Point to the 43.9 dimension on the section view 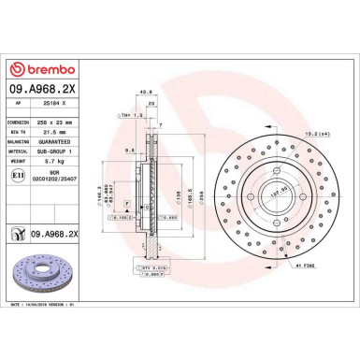pos(145,92)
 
